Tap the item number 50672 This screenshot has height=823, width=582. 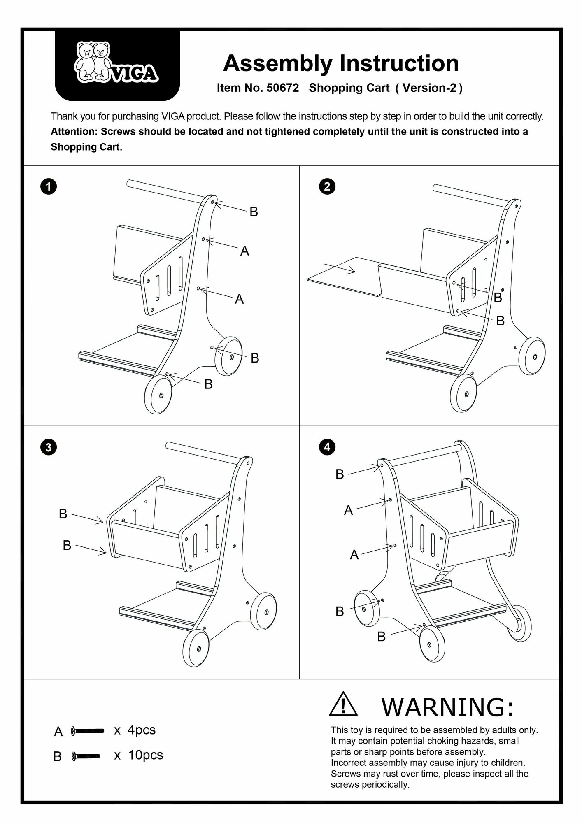coord(283,88)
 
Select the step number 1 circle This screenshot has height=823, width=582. coord(49,187)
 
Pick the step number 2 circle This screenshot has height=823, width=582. coord(327,187)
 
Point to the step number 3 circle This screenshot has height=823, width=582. coord(49,447)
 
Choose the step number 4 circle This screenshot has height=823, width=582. coord(327,447)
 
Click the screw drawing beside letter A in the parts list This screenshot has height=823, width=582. coord(87,730)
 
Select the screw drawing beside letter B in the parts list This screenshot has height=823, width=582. coord(86,756)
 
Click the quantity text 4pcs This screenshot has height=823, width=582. coord(142,730)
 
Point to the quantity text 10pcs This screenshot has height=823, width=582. coord(145,755)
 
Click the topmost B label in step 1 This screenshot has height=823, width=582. coord(254,212)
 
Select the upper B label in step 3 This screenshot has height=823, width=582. coord(63,514)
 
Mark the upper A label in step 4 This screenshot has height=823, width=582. coord(349,510)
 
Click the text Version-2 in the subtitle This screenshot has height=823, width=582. coord(429,88)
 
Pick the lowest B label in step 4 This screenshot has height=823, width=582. coord(382,637)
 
